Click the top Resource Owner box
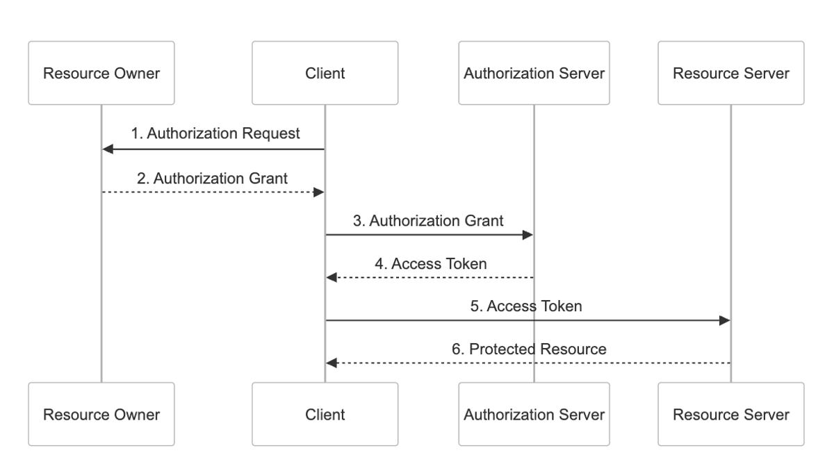click(101, 73)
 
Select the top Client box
click(325, 73)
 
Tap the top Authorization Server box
click(534, 73)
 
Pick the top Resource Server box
click(731, 73)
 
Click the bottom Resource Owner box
click(101, 414)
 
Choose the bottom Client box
click(325, 414)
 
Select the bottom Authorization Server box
click(534, 414)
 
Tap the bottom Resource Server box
click(731, 414)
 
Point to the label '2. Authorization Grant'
click(213, 177)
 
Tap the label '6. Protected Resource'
click(528, 349)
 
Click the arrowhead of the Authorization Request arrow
click(108, 149)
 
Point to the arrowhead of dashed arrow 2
click(319, 192)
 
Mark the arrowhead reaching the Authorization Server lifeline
click(528, 235)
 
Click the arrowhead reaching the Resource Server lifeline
click(725, 320)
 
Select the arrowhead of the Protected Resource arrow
click(332, 363)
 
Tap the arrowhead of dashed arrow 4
click(332, 278)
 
